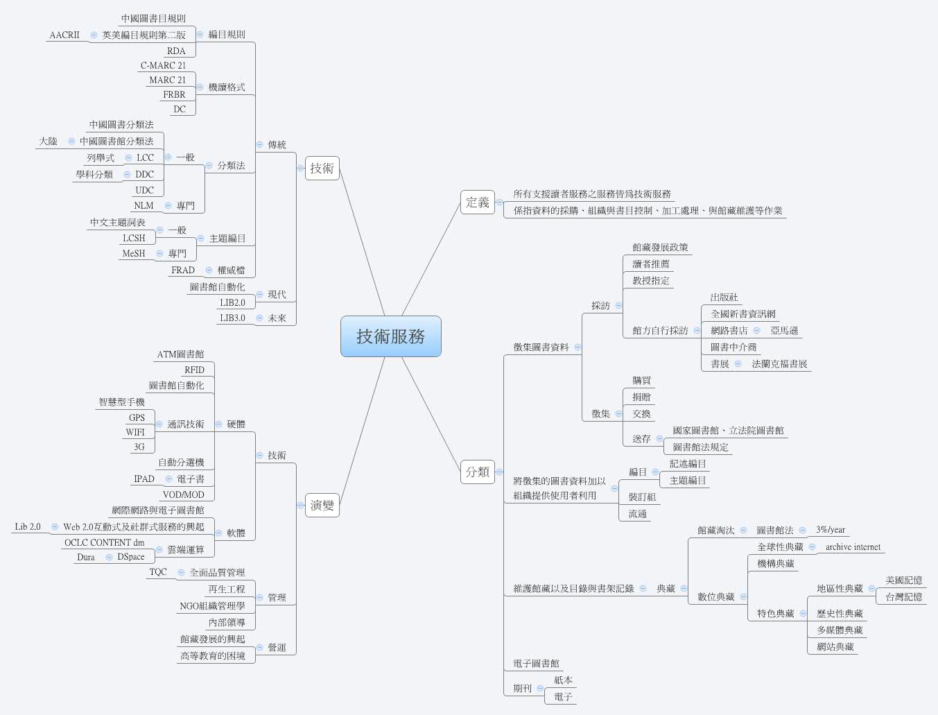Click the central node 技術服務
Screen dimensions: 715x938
click(x=390, y=336)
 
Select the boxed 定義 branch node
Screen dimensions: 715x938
click(x=478, y=203)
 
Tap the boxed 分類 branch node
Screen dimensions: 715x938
click(x=478, y=472)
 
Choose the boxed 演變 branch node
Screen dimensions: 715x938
click(x=322, y=505)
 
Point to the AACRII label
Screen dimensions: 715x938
click(x=64, y=35)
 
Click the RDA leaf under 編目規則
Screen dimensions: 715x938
click(x=176, y=51)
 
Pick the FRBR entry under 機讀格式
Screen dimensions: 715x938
click(x=174, y=94)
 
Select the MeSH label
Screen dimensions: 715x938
click(x=134, y=253)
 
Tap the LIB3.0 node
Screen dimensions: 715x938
click(x=232, y=318)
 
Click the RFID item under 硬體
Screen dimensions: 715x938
click(x=194, y=370)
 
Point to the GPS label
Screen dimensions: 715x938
click(x=137, y=417)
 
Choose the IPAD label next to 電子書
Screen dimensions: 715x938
click(x=144, y=479)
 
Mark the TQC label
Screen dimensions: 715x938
click(x=158, y=571)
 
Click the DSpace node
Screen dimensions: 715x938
click(x=131, y=557)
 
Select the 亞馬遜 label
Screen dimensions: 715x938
click(x=784, y=331)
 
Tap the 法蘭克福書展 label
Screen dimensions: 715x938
click(x=779, y=363)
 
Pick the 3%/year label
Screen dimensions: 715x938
click(x=831, y=530)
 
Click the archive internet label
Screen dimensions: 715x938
click(x=853, y=546)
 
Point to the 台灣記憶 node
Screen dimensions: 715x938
click(x=903, y=596)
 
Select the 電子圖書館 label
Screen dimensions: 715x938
click(x=536, y=664)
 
